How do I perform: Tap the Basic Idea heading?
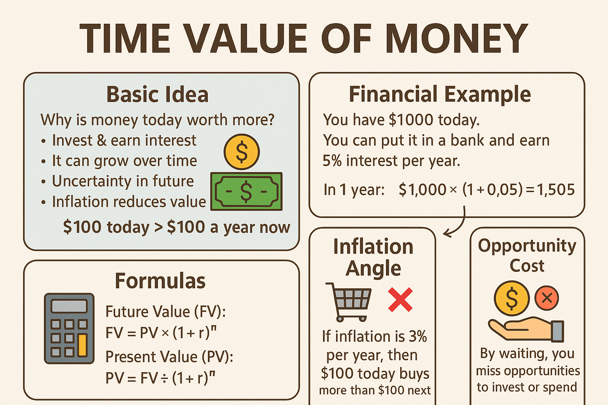pyautogui.click(x=158, y=95)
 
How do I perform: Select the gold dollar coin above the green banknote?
pyautogui.click(x=241, y=152)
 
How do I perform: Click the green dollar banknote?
pyautogui.click(x=247, y=191)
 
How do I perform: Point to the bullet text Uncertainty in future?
pyautogui.click(x=123, y=181)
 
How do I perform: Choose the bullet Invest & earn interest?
pyautogui.click(x=124, y=140)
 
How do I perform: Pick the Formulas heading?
pyautogui.click(x=160, y=281)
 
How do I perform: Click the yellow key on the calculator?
pyautogui.click(x=82, y=345)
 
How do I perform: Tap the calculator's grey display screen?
pyautogui.click(x=69, y=306)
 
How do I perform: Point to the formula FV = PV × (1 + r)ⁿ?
pyautogui.click(x=161, y=333)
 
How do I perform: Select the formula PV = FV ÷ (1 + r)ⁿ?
pyautogui.click(x=160, y=377)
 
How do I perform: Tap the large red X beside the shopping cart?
pyautogui.click(x=400, y=299)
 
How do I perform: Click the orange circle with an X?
pyautogui.click(x=547, y=298)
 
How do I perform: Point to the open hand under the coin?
pyautogui.click(x=526, y=330)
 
